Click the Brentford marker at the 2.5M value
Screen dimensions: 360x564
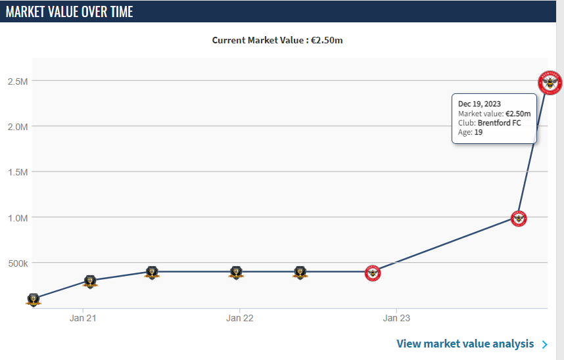pyautogui.click(x=550, y=83)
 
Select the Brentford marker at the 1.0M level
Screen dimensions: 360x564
pyautogui.click(x=519, y=219)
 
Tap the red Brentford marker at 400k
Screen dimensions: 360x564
pyautogui.click(x=373, y=273)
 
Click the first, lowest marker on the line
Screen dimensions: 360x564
pyautogui.click(x=34, y=300)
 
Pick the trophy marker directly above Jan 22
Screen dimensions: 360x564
pyautogui.click(x=237, y=273)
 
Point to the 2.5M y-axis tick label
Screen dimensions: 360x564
pyautogui.click(x=17, y=81)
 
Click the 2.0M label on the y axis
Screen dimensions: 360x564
pyautogui.click(x=17, y=127)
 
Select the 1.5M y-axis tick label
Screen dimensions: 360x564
pyautogui.click(x=17, y=172)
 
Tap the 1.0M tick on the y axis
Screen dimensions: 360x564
pyautogui.click(x=17, y=217)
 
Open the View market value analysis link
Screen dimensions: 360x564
pyautogui.click(x=465, y=344)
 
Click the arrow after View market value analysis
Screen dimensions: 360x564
pyautogui.click(x=544, y=344)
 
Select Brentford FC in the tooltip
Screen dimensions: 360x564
pyautogui.click(x=499, y=123)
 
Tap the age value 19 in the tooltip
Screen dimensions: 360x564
pyautogui.click(x=479, y=132)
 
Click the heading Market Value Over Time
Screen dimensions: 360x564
pyautogui.click(x=70, y=12)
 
